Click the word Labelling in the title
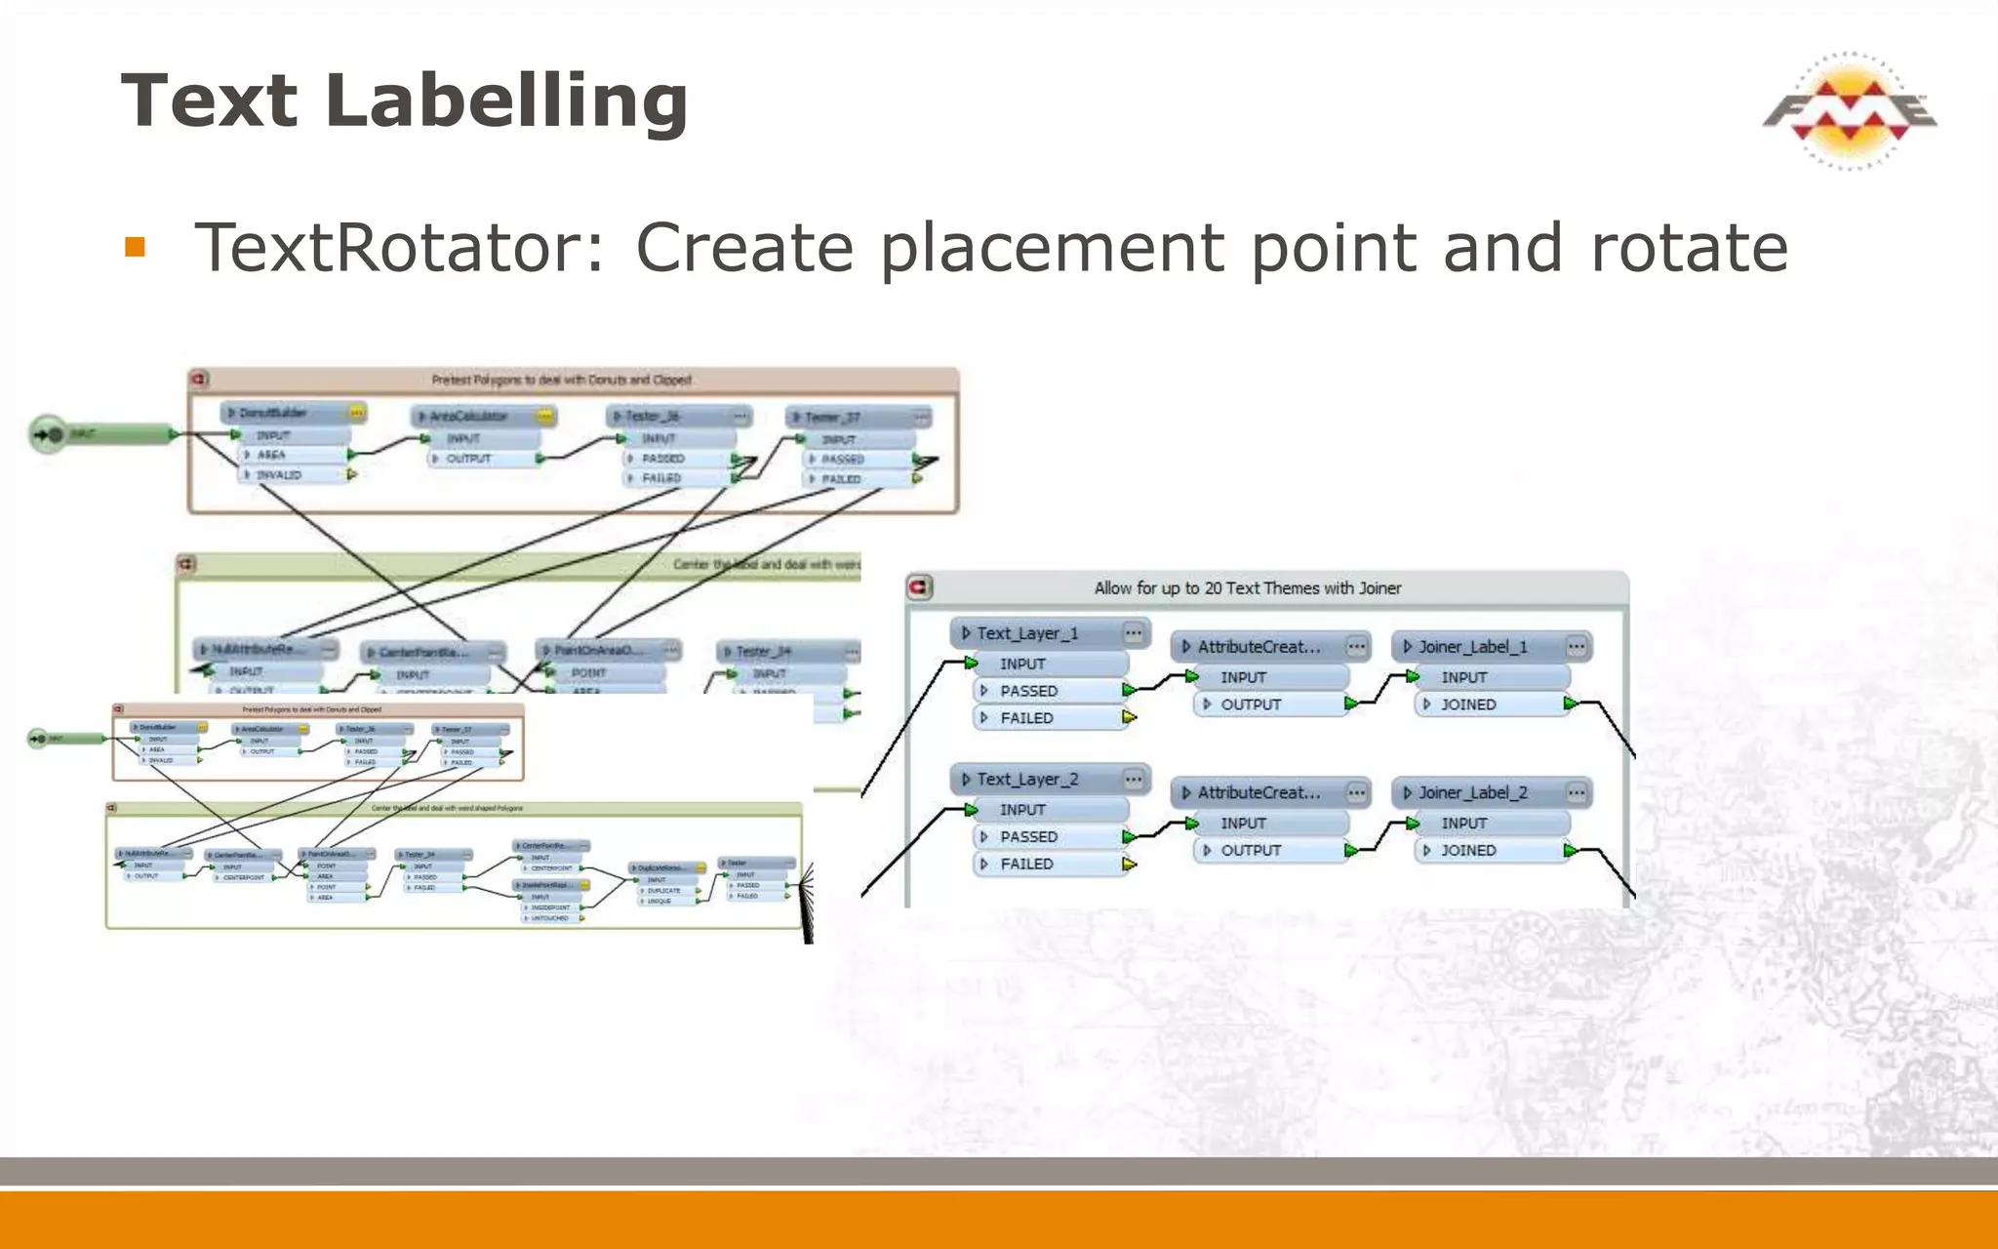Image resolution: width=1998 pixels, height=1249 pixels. (506, 101)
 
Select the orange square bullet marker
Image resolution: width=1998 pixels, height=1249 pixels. (135, 247)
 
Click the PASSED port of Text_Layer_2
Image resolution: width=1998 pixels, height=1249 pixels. (1028, 837)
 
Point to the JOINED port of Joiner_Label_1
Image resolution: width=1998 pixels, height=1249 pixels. (1469, 705)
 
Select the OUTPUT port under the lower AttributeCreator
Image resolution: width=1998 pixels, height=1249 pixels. (1251, 851)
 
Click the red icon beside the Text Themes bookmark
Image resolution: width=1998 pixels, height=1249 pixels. (920, 587)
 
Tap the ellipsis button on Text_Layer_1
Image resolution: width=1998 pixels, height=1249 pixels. (1133, 633)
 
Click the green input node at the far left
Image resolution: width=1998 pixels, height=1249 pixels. (51, 434)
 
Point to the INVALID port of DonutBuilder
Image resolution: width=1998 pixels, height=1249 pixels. (280, 475)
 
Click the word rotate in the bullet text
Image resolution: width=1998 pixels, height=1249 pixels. (1690, 248)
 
